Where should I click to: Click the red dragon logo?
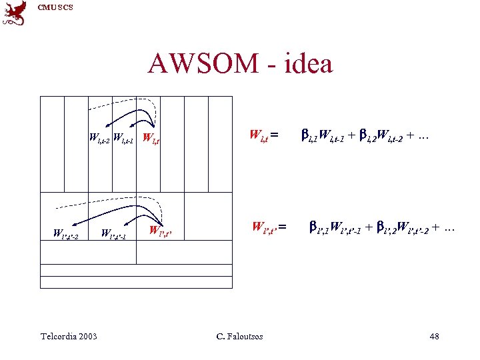(14, 13)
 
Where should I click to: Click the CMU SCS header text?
(55, 7)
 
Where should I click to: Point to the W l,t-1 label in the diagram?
(124, 139)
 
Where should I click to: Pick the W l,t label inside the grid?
(151, 139)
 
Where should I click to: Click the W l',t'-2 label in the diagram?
(65, 235)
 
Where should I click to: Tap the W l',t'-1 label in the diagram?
(113, 234)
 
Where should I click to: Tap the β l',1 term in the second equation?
(319, 228)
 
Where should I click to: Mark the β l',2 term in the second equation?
(385, 228)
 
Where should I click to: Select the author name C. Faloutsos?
(240, 336)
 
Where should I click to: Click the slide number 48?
(434, 336)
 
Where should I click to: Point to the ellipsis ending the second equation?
(449, 228)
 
